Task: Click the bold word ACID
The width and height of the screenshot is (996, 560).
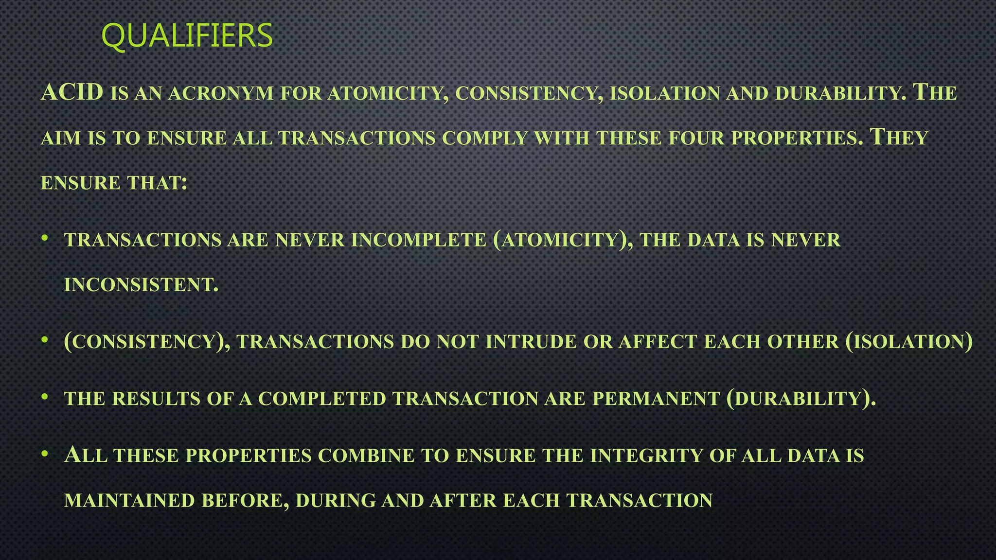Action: coord(72,92)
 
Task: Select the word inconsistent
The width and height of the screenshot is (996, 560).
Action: coord(141,285)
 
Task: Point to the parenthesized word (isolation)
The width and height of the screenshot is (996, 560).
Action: coord(909,342)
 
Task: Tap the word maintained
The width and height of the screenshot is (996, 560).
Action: coord(129,501)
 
